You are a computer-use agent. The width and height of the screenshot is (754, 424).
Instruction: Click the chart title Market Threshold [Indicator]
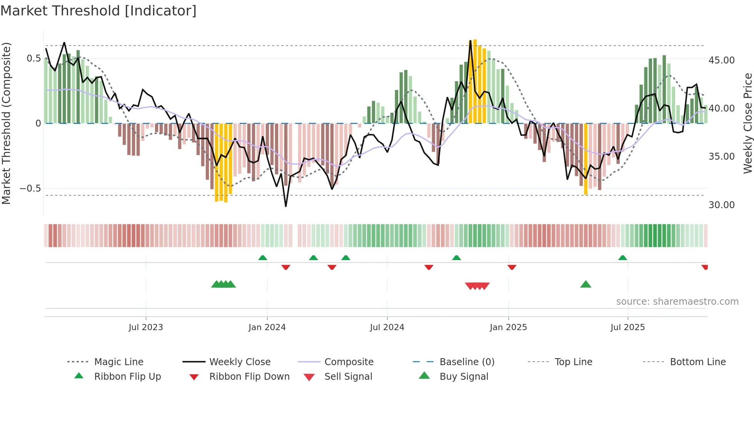tap(98, 11)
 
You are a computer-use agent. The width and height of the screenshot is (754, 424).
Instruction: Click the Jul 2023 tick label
tap(146, 327)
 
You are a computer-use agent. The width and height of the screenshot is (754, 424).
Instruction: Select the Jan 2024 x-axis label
tap(267, 327)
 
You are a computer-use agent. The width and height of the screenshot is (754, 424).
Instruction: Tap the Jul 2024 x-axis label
tap(387, 327)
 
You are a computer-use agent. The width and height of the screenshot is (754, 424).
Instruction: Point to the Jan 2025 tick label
tap(508, 327)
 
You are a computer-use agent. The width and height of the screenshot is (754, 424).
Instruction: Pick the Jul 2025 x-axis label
tap(627, 327)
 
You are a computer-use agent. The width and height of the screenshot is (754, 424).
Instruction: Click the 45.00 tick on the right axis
tap(721, 60)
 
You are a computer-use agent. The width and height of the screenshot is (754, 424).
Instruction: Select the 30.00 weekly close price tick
tap(721, 205)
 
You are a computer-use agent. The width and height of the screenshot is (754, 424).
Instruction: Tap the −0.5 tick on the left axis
tap(30, 189)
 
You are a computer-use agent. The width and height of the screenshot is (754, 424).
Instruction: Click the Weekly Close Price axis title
tap(747, 123)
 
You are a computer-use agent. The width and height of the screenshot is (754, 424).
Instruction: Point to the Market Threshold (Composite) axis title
tap(6, 123)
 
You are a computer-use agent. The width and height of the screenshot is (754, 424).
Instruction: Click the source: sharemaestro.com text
tap(677, 302)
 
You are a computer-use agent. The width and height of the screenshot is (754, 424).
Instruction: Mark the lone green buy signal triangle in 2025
tap(586, 285)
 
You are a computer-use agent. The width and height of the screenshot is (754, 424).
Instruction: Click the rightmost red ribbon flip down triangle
tap(705, 267)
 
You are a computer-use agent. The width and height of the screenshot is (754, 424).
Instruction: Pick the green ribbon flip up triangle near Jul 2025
tap(622, 258)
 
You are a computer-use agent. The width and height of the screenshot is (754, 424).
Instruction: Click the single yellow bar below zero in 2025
tap(586, 159)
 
